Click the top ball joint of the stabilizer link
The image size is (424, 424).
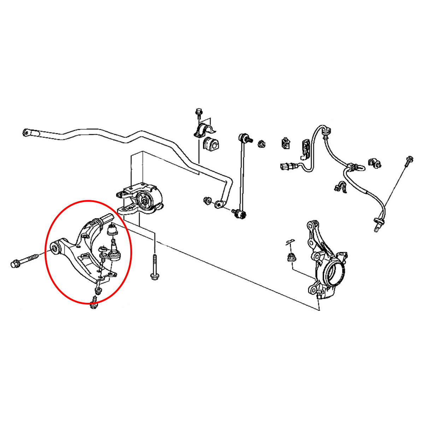coord(243,137)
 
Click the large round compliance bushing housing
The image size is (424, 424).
coord(146,200)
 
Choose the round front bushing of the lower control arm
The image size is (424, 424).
coord(55,247)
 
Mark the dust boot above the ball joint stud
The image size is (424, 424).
coord(112,230)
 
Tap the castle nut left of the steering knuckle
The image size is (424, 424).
coord(292,258)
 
